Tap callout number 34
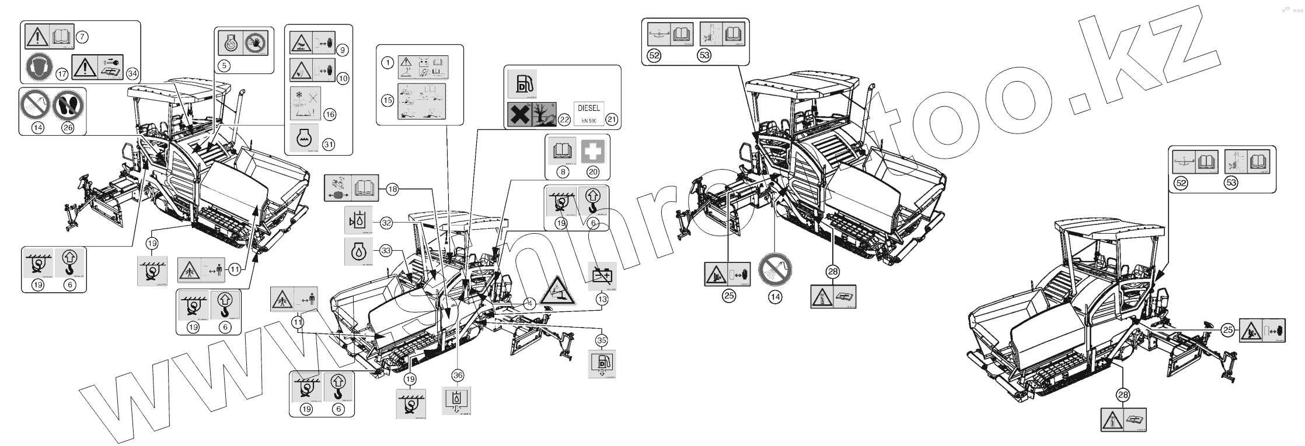pos(132,73)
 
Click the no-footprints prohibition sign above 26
pos(68,106)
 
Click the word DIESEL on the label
pos(589,108)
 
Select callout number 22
pos(564,119)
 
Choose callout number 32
pos(385,222)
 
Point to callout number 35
pos(602,339)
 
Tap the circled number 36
pos(458,375)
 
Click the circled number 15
pos(387,100)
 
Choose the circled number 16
pos(330,114)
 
